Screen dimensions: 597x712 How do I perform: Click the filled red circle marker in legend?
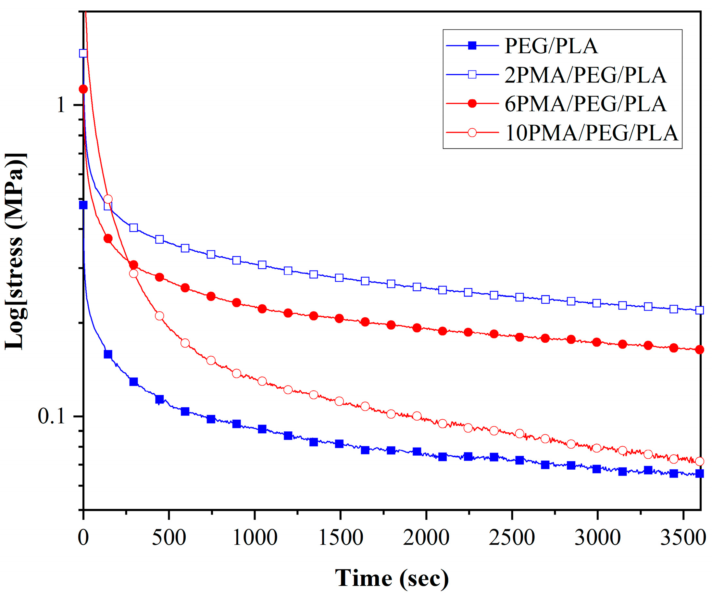tap(472, 104)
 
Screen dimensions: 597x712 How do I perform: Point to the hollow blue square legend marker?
tap(472, 75)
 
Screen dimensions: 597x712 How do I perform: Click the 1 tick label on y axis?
tap(61, 105)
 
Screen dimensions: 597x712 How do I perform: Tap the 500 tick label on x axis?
tap(169, 538)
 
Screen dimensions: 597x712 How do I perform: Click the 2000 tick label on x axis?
tap(426, 538)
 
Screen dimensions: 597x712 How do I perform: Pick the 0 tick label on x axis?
tap(83, 538)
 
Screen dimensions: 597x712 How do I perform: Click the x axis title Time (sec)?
tap(392, 578)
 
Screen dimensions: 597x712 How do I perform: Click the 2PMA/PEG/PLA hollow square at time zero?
tap(83, 53)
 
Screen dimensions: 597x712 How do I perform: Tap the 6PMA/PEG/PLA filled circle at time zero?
tap(83, 89)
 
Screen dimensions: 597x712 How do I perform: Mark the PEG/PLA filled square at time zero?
tap(83, 205)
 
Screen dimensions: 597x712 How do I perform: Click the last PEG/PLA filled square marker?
tap(699, 474)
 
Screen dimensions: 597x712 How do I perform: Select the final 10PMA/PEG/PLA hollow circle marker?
tap(699, 461)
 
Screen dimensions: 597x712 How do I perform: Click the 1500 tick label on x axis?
tap(340, 538)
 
